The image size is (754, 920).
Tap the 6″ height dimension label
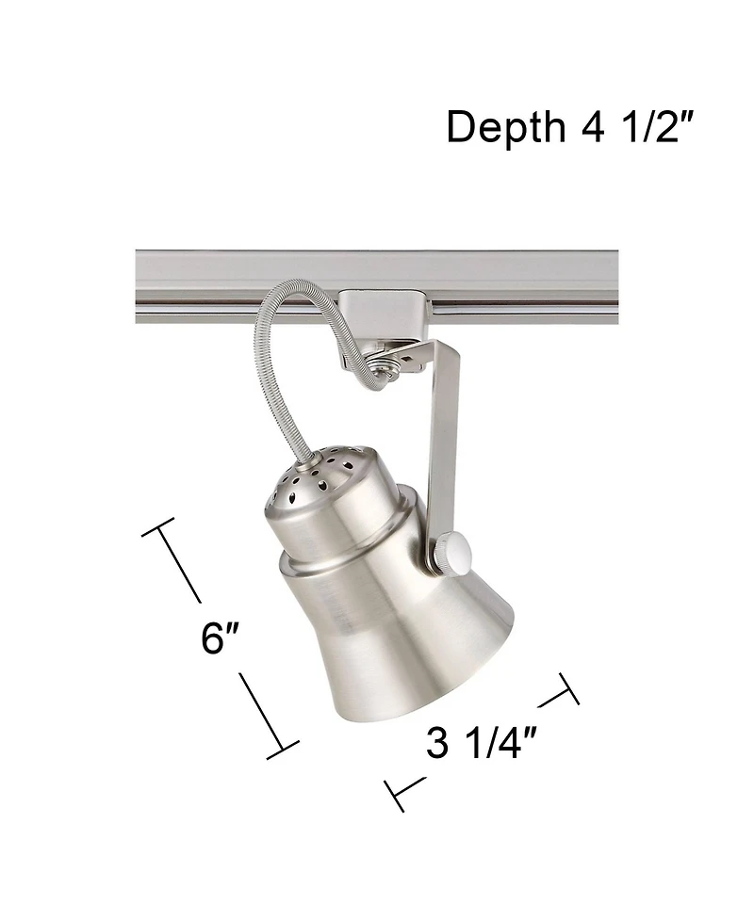click(221, 638)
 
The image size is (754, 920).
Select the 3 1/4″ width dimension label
click(481, 744)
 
